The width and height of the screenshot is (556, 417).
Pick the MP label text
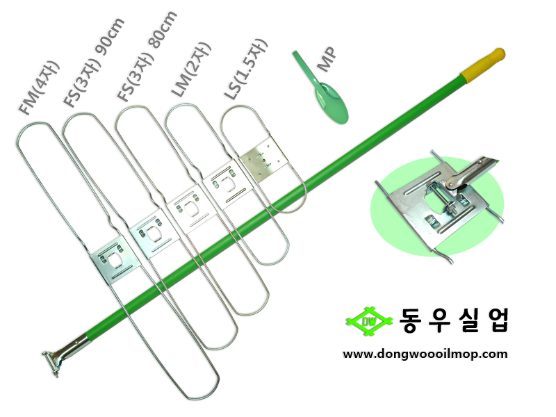click(x=326, y=59)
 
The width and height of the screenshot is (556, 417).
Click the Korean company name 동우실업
click(x=455, y=319)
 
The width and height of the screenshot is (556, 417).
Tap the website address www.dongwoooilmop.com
click(x=425, y=354)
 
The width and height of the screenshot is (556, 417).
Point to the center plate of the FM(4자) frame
click(x=112, y=260)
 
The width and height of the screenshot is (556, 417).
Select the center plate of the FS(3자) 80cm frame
click(x=186, y=208)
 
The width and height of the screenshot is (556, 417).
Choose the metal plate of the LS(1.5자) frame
click(x=263, y=159)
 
